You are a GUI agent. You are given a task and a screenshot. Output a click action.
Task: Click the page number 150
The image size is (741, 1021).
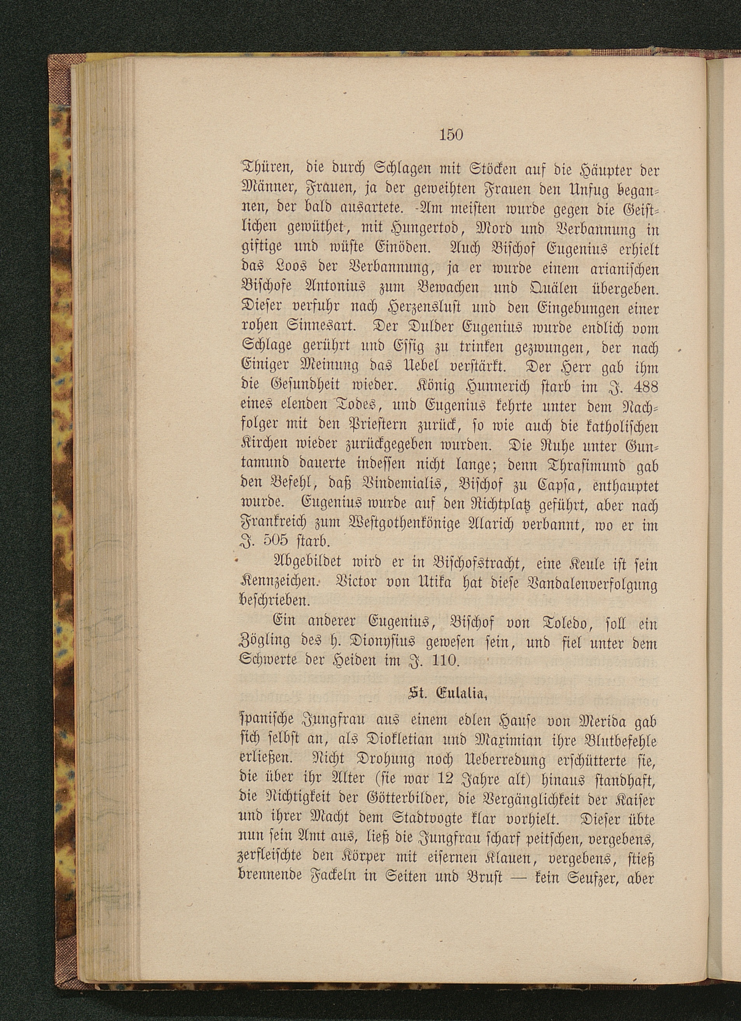point(451,134)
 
